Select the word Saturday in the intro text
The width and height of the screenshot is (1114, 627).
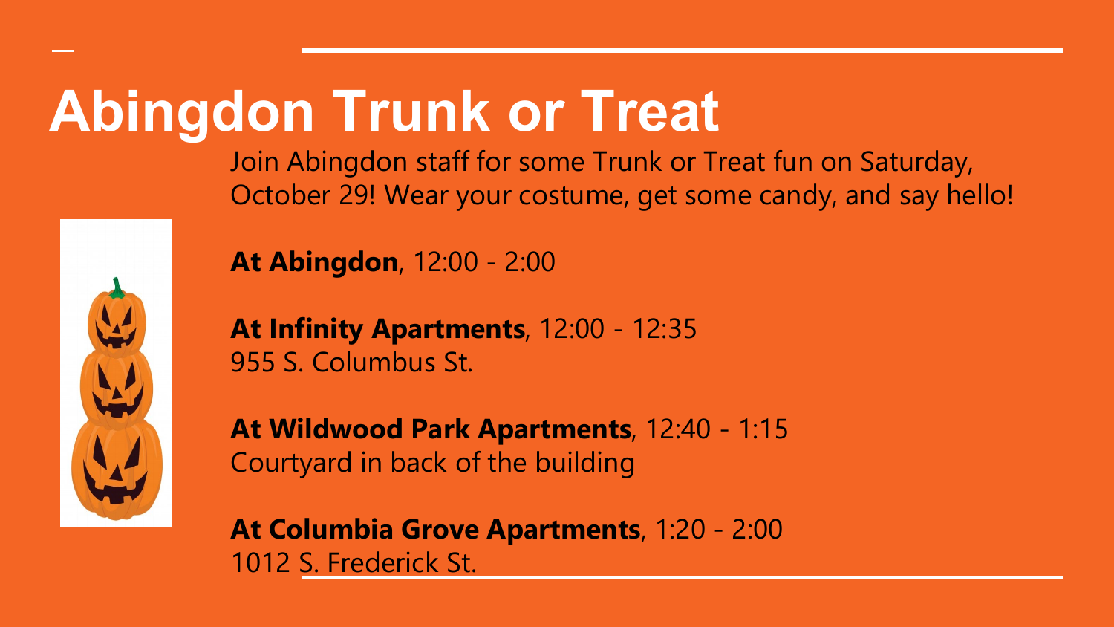pyautogui.click(x=916, y=162)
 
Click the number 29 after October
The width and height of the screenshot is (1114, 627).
pyautogui.click(x=354, y=195)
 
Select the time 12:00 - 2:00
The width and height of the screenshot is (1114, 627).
pyautogui.click(x=484, y=261)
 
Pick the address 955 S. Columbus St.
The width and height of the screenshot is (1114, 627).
pyautogui.click(x=351, y=363)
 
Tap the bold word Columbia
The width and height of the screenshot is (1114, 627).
pyautogui.click(x=331, y=529)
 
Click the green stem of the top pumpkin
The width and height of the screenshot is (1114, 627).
pyautogui.click(x=117, y=288)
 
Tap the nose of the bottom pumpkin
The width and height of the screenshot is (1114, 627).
pyautogui.click(x=116, y=473)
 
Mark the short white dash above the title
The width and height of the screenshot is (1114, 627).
pyautogui.click(x=63, y=51)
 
